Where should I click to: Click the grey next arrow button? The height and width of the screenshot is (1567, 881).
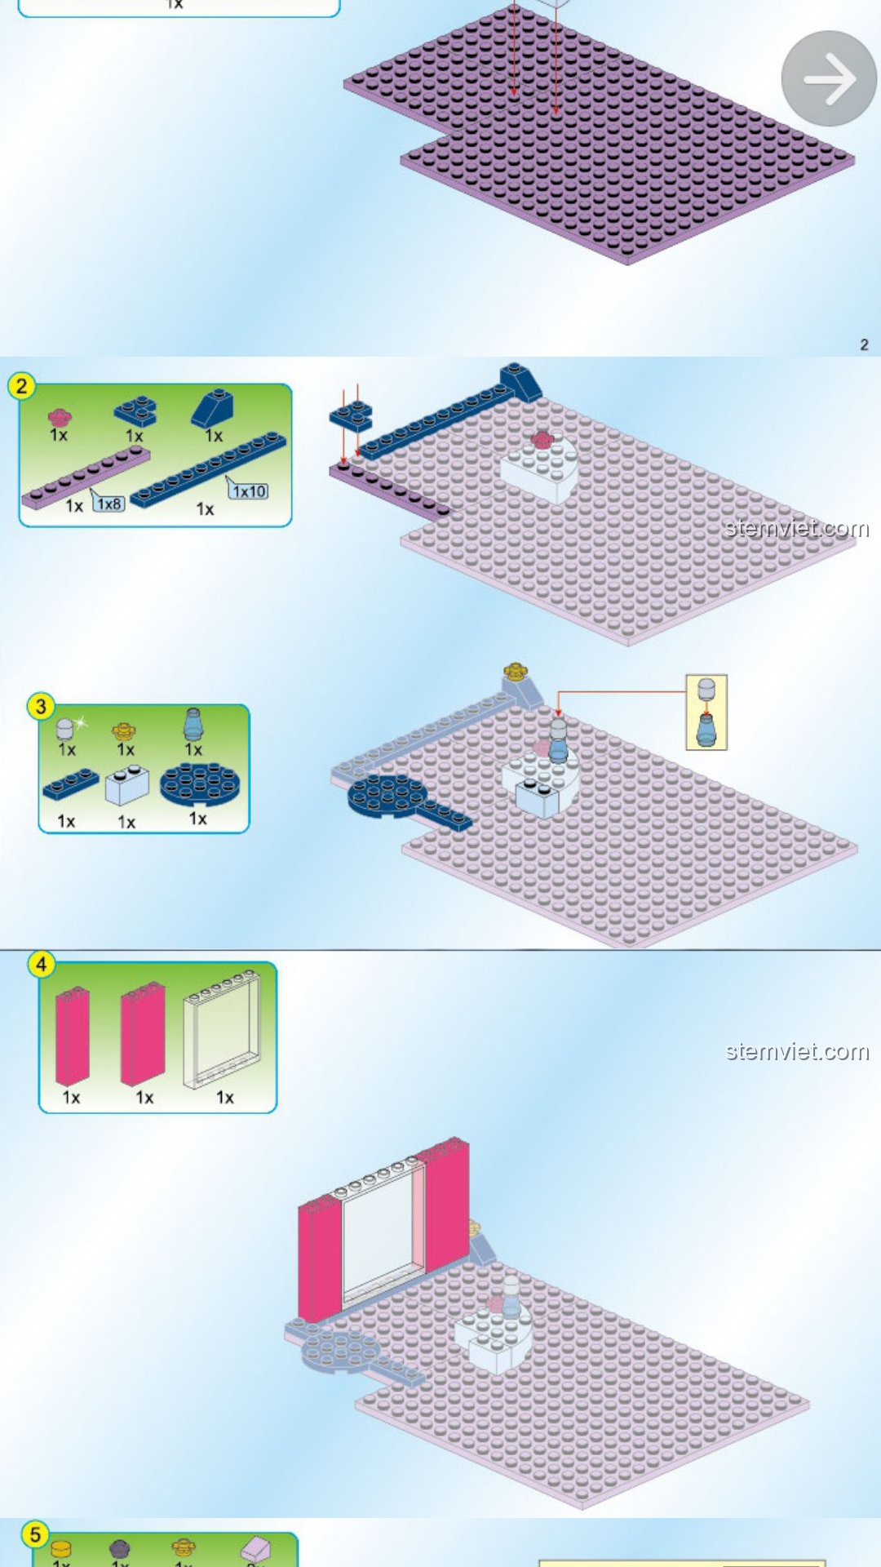coord(829,78)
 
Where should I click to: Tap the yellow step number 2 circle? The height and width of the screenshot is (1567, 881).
coord(22,385)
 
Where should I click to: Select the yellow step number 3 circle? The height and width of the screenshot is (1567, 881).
coord(41,706)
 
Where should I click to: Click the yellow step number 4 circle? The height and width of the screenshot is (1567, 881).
coord(41,964)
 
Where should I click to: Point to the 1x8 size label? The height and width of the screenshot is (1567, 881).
coord(109,504)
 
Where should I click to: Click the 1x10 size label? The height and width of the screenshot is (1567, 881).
coord(249,491)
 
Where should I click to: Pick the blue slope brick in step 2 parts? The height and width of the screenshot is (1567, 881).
coord(213,407)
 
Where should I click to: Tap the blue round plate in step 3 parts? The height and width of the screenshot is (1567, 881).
coord(200,784)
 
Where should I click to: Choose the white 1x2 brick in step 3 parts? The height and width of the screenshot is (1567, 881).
coord(127,786)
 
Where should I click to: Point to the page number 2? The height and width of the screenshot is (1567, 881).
coord(864,344)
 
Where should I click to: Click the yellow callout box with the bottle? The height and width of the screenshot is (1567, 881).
coord(706,712)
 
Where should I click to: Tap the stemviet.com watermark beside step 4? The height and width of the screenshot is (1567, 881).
coord(797,1051)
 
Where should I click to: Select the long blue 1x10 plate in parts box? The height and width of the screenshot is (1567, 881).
coord(209,470)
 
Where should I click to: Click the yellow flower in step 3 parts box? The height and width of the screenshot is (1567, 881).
coord(124,730)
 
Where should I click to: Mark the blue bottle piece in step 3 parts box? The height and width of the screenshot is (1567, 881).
coord(193,725)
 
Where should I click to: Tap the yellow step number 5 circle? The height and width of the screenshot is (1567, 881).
coord(35,1534)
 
